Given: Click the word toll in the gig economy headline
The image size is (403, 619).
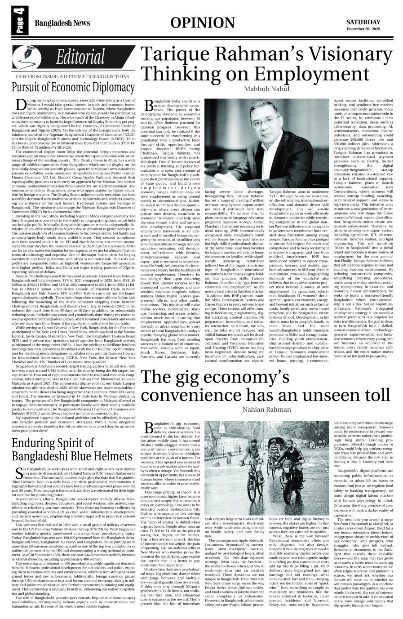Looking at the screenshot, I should click(x=373, y=395).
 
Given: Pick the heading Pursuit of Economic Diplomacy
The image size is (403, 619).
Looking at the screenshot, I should click(x=70, y=87).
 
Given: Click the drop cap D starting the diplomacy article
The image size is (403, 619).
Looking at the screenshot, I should click(x=20, y=104).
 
